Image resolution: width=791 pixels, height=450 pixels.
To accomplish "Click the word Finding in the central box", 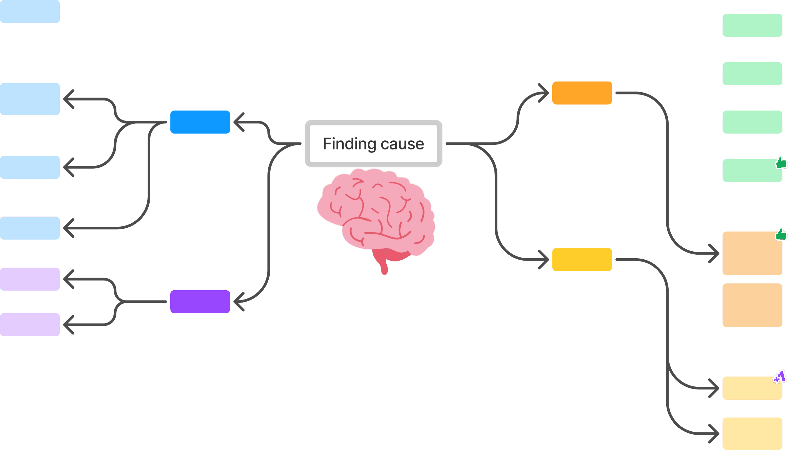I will [x=349, y=144].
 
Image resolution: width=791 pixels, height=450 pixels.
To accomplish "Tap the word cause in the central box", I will [x=402, y=144].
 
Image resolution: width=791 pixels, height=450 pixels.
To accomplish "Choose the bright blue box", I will [x=200, y=122].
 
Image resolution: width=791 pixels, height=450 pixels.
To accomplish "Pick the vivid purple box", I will [x=200, y=302].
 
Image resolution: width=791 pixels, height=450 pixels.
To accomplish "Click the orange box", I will [x=582, y=93].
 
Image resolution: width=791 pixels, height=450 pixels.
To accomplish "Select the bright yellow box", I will [x=582, y=260].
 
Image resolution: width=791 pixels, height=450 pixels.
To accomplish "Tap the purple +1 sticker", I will [x=780, y=377].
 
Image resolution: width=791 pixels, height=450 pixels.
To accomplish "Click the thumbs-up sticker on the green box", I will [x=781, y=162].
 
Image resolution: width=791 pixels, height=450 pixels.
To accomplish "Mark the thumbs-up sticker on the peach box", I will [x=781, y=234].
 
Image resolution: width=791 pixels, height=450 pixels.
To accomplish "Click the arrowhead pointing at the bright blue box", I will [x=238, y=122].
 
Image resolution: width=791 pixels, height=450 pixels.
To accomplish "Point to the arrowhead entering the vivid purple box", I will [x=238, y=302].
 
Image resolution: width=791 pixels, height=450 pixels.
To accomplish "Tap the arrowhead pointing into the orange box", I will [x=544, y=93].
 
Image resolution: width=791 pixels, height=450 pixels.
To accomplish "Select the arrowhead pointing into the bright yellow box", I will [x=544, y=260].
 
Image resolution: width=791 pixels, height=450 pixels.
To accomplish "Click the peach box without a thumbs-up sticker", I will [x=752, y=305].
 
